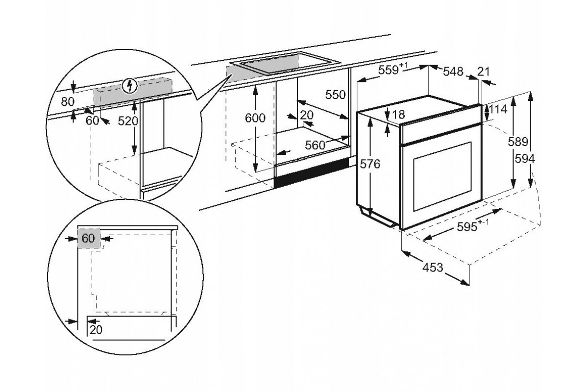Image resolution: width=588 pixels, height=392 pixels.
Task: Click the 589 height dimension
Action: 518,142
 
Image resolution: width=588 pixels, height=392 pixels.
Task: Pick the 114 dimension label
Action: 498,110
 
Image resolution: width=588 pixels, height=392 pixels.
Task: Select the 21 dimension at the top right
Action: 483,72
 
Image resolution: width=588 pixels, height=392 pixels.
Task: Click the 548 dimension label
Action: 453,72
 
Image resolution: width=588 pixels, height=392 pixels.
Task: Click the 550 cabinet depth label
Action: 336,95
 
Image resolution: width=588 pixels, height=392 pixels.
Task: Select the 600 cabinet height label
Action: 255,118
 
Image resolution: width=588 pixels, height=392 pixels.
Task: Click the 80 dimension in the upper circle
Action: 68,102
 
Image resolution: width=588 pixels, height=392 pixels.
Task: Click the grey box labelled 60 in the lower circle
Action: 89,239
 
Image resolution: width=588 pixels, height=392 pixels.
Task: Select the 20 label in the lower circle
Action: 97,330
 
